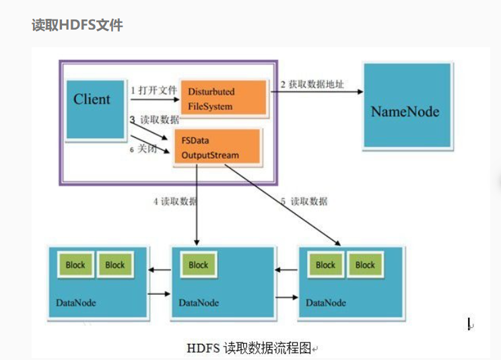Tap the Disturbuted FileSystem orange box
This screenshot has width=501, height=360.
[222, 98]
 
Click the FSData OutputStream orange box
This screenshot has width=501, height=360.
[217, 147]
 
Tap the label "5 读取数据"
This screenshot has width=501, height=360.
[305, 201]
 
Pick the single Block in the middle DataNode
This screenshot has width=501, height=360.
[199, 265]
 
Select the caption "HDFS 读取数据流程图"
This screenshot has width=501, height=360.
[249, 349]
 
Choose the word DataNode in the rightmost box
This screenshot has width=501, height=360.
[327, 303]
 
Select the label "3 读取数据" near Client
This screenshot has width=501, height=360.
[156, 119]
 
